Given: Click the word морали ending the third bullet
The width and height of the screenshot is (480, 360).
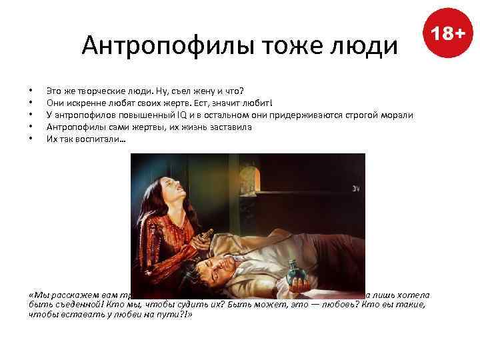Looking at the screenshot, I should point(398,114).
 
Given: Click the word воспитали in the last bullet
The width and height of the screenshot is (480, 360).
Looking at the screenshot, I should point(99,139).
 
